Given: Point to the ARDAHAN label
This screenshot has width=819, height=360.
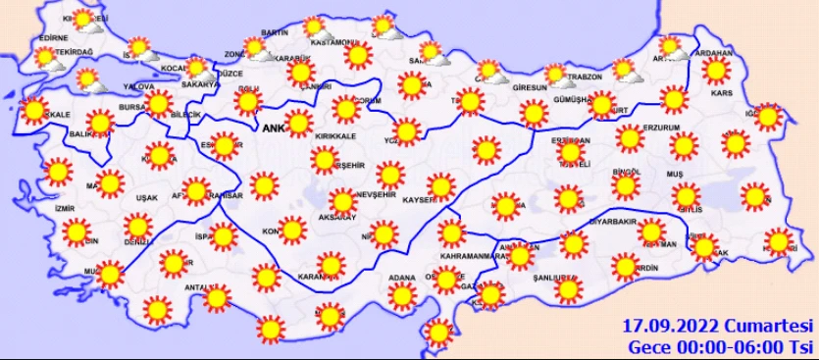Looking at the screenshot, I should [x=713, y=53].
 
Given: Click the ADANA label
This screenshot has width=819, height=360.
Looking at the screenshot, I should [x=403, y=278].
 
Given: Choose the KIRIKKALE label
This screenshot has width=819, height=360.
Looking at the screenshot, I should [x=333, y=136].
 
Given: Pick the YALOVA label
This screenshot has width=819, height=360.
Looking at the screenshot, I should [x=140, y=85].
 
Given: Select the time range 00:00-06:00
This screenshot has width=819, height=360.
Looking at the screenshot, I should [x=730, y=346].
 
